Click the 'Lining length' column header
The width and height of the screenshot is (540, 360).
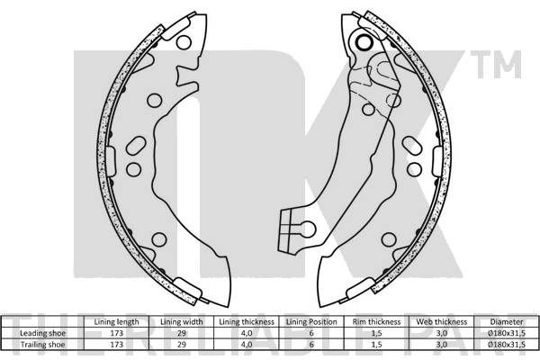(116, 322)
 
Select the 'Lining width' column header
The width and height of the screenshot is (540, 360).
(182, 322)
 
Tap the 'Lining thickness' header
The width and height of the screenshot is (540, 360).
(247, 322)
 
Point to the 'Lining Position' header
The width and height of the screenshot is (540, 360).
(311, 322)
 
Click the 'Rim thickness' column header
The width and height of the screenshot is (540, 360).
(376, 322)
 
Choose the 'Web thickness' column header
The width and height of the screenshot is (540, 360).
(442, 322)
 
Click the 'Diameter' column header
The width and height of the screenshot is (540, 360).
(507, 322)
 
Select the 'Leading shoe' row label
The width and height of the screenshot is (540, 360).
(42, 333)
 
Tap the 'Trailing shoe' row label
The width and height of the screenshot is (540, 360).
(42, 345)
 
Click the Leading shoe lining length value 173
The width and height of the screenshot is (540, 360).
(116, 333)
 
